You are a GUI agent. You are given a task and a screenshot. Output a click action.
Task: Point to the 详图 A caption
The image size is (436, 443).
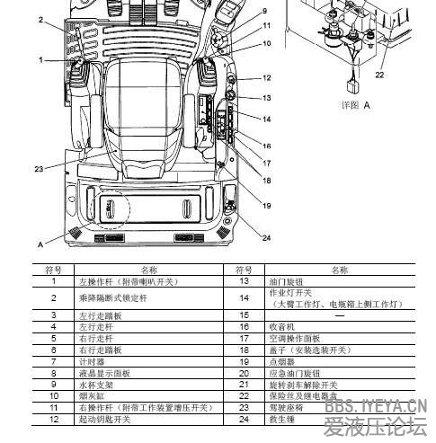[355, 104]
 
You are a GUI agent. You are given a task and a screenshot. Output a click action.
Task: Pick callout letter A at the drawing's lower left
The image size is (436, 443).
[40, 244]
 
